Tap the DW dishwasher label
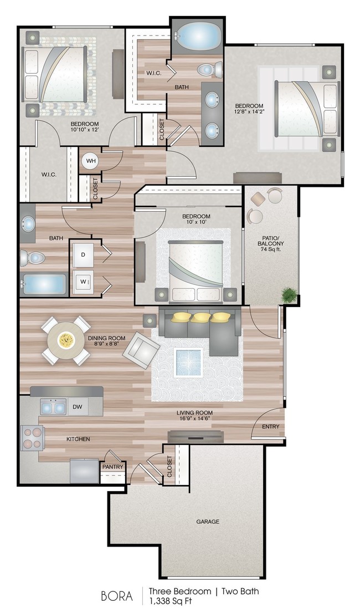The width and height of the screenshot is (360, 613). (x=78, y=407)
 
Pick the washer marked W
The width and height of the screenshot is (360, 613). (x=83, y=282)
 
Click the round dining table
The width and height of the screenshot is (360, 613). (x=66, y=340)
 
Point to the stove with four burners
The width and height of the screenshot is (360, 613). (x=32, y=437)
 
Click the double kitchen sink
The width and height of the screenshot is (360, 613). (x=53, y=407)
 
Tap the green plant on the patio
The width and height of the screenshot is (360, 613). (x=289, y=294)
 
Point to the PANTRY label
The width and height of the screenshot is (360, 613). (x=112, y=467)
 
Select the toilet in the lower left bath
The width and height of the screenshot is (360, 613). (x=33, y=258)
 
